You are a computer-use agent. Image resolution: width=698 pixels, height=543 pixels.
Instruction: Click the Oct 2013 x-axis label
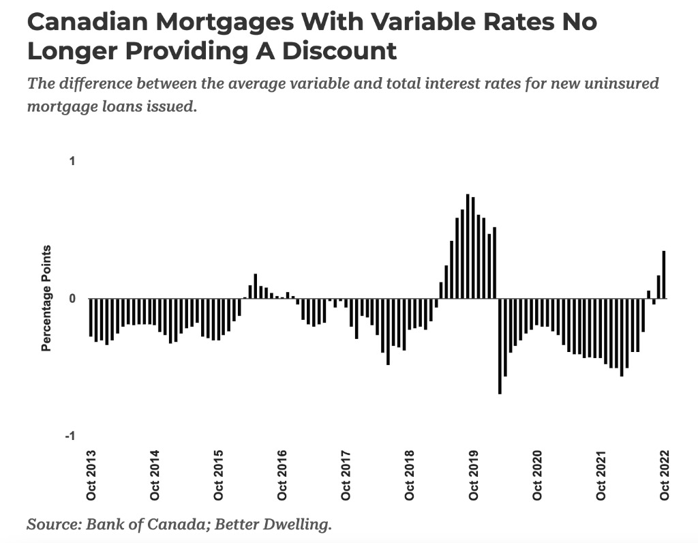[x=91, y=475]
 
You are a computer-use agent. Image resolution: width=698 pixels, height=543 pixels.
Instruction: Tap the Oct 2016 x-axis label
[x=282, y=475]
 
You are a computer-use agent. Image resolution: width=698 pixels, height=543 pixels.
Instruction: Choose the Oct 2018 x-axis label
[x=409, y=475]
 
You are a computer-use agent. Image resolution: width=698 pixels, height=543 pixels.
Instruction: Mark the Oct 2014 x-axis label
[x=155, y=475]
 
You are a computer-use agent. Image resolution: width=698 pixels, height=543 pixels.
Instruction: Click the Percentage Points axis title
[x=46, y=298]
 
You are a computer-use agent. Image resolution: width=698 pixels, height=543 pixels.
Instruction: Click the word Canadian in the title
[x=86, y=22]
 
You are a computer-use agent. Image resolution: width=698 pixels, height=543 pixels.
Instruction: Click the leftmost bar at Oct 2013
[x=91, y=317]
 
